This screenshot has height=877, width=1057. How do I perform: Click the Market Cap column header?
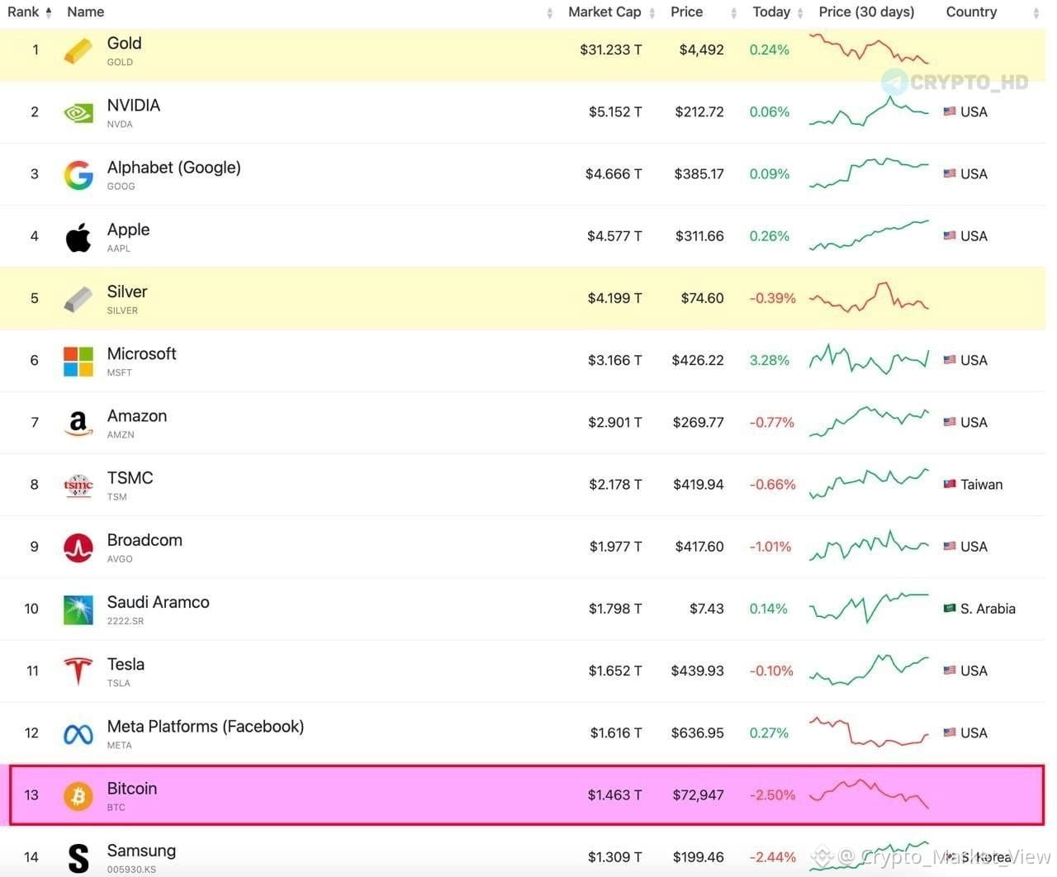coord(604,12)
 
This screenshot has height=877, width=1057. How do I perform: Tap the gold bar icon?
coord(78,50)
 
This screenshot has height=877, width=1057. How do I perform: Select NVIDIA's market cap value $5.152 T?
coord(615,111)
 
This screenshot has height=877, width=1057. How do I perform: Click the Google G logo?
coord(78,175)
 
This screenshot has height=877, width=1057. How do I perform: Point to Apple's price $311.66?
coord(699,236)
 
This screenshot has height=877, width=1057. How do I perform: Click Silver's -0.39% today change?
coord(772,298)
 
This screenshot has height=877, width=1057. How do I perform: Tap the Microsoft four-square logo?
coord(78,362)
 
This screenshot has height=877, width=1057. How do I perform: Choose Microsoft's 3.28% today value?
coord(769,360)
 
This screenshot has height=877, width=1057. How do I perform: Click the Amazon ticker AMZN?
coord(121,434)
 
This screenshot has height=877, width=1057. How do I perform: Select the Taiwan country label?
coord(981,485)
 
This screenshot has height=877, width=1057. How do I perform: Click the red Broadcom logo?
coord(78,548)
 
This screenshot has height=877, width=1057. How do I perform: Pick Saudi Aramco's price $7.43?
coord(706,608)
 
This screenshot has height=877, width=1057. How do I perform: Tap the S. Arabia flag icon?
coord(949,608)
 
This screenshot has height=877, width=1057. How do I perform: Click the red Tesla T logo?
coord(78,671)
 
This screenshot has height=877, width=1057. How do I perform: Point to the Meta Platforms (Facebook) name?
coord(206,727)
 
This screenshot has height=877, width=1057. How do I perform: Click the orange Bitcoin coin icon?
coord(78,795)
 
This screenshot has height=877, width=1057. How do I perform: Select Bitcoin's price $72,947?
coord(698,795)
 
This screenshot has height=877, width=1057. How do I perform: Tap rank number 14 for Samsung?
coord(31,856)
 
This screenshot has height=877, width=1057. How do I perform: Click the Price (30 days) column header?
coord(866,12)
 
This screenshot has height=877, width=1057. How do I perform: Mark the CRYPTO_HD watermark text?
coord(969,83)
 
